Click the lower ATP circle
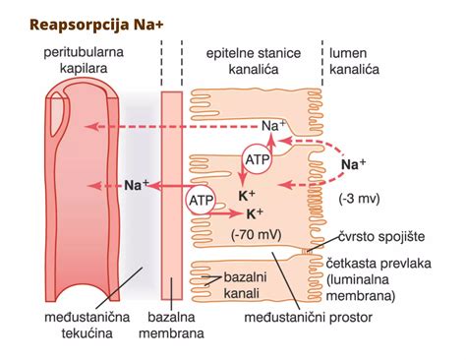[x=200, y=201]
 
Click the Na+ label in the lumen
[x=353, y=163]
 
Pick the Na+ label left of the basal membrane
[x=137, y=184]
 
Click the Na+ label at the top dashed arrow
[x=274, y=126]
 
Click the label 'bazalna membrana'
[x=175, y=327]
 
